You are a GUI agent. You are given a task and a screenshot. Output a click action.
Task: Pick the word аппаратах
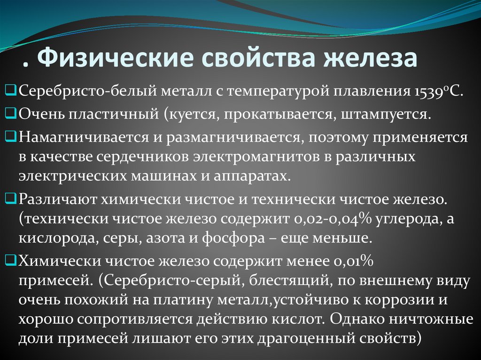(257, 176)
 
